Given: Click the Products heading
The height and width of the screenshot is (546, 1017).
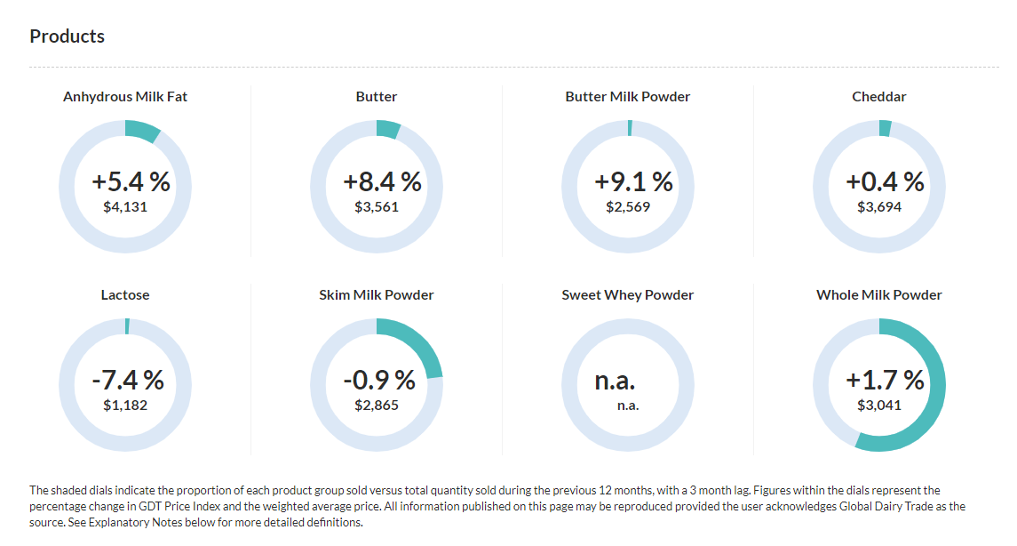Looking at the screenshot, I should click(x=67, y=36).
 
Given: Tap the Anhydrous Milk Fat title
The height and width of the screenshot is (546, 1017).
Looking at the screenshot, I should click(x=125, y=96).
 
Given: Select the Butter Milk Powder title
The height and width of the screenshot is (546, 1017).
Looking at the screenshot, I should click(x=627, y=96).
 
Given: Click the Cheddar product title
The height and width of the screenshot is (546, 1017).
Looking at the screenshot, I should click(x=878, y=96).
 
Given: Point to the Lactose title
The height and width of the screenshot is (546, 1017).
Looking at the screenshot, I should click(x=125, y=294).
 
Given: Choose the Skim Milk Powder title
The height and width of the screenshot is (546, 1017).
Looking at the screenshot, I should click(x=377, y=294).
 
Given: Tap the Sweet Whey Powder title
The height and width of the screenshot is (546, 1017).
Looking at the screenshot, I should click(x=627, y=294).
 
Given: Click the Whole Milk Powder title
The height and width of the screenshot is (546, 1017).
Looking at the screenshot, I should click(x=878, y=294).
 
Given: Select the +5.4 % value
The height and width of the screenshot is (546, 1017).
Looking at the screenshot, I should click(x=131, y=182).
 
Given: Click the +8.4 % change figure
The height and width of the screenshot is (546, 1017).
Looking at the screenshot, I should click(x=382, y=182).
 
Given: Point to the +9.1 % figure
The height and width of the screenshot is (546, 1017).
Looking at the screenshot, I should click(x=633, y=182).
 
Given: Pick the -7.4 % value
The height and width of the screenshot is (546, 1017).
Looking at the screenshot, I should click(x=128, y=381).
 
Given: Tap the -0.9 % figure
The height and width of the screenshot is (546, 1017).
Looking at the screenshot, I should click(x=379, y=381).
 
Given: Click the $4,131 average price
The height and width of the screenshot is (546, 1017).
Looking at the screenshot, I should click(x=125, y=207).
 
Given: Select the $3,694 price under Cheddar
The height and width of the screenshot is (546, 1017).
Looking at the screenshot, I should click(x=878, y=207).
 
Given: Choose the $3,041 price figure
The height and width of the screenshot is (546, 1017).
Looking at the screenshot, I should click(x=878, y=405).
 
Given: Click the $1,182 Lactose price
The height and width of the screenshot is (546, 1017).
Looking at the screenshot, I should click(x=125, y=405).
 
